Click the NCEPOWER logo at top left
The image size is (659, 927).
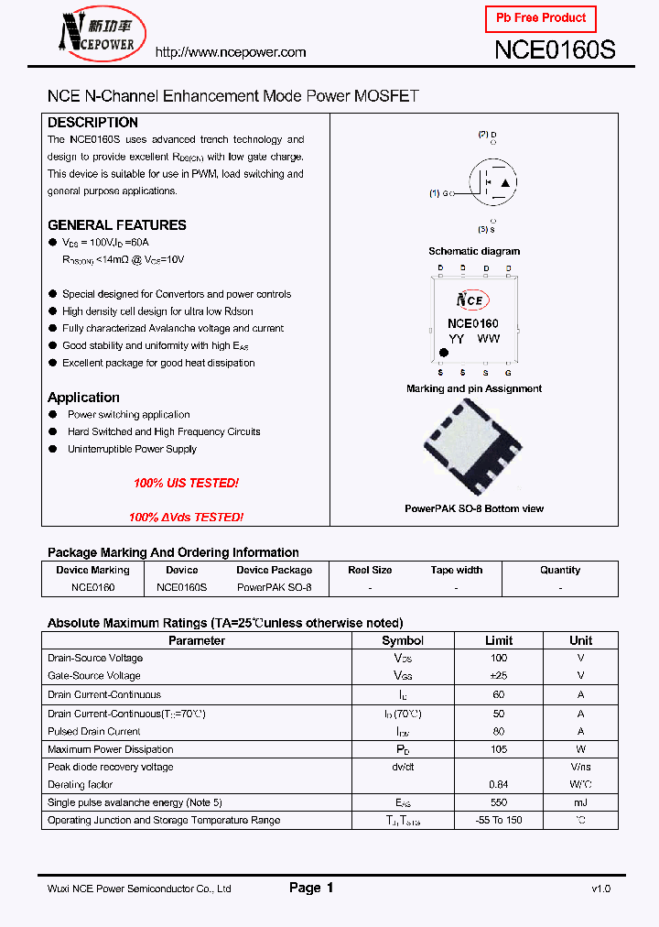96,35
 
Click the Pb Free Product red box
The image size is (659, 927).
540,18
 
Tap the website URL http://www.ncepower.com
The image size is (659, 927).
231,52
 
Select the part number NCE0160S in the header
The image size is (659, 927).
555,51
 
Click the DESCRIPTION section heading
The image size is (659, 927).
92,123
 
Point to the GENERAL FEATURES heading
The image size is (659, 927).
116,225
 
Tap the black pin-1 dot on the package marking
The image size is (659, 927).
444,353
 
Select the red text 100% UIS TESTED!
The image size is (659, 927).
186,483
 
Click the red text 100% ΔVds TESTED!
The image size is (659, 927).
186,518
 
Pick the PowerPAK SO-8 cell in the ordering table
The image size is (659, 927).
274,587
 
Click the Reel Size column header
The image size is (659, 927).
370,570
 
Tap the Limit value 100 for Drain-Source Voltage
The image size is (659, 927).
498,658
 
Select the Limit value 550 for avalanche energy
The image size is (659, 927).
498,802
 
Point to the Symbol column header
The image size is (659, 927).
402,640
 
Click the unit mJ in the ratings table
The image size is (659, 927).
580,802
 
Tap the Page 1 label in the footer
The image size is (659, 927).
311,888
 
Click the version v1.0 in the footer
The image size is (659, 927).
600,889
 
